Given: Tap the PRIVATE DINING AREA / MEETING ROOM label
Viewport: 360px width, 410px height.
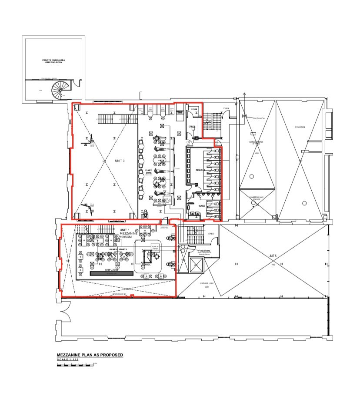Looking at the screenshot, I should tap(53, 61).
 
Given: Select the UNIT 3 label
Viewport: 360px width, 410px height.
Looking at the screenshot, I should tap(120, 161).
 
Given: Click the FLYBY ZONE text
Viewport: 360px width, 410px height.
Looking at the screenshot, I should tap(149, 172).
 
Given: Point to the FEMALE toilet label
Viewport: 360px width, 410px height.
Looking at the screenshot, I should tap(200, 170).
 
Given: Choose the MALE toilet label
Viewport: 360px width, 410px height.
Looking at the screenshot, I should tap(202, 206).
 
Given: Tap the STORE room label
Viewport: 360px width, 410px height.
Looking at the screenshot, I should tap(194, 109).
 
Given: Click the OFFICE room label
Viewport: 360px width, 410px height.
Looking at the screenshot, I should tap(192, 127).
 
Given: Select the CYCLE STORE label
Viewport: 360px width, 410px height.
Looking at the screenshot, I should tap(300, 128).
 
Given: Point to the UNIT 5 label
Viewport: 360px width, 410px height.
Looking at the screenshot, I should tap(273, 255).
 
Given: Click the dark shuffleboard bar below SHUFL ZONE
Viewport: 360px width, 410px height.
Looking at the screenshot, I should tap(111, 274).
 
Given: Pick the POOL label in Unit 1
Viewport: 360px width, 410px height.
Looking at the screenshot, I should tap(148, 264).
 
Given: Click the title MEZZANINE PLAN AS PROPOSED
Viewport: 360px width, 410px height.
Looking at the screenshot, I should tap(90, 355).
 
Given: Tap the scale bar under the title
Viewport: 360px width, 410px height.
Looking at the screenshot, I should tap(75, 364).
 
